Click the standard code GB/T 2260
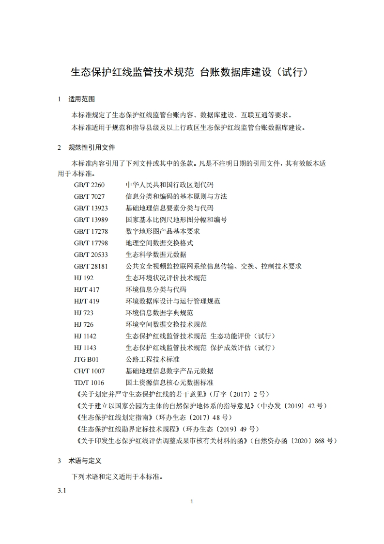coord(89,185)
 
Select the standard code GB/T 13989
coord(91,220)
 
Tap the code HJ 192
coord(84,278)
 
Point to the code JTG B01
coord(86,359)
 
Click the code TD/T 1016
coord(89,383)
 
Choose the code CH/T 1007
coord(89,371)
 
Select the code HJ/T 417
coord(87,289)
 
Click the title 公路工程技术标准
coord(153,359)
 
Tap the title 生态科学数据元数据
coord(156,255)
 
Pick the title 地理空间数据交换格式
coord(159,243)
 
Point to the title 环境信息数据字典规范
coord(159,313)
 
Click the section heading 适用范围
coord(82,99)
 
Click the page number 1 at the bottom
coord(192,501)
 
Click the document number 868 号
coord(325,441)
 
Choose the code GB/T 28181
coord(91,266)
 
